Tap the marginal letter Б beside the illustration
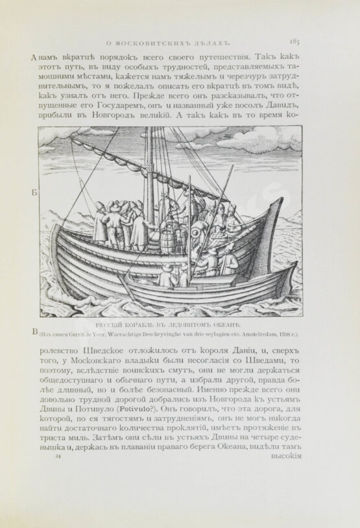[x=33, y=193]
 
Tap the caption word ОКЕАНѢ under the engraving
[x=222, y=324]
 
